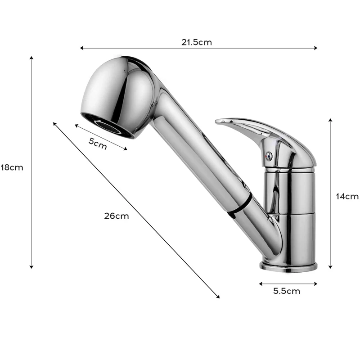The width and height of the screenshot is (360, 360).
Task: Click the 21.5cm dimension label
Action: [197, 42]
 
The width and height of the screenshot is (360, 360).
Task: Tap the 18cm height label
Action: [11, 167]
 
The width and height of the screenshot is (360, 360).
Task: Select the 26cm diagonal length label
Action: [116, 216]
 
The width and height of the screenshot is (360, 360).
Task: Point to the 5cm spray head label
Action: [98, 144]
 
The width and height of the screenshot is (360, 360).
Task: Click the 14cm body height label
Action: [347, 196]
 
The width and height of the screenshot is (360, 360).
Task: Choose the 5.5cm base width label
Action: [287, 291]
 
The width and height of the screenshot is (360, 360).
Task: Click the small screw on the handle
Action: [269, 156]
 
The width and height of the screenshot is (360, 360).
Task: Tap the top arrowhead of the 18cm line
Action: [31, 58]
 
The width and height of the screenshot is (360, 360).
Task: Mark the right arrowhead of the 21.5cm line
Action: [316, 48]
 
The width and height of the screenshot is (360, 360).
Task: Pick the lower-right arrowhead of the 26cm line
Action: [218, 297]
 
